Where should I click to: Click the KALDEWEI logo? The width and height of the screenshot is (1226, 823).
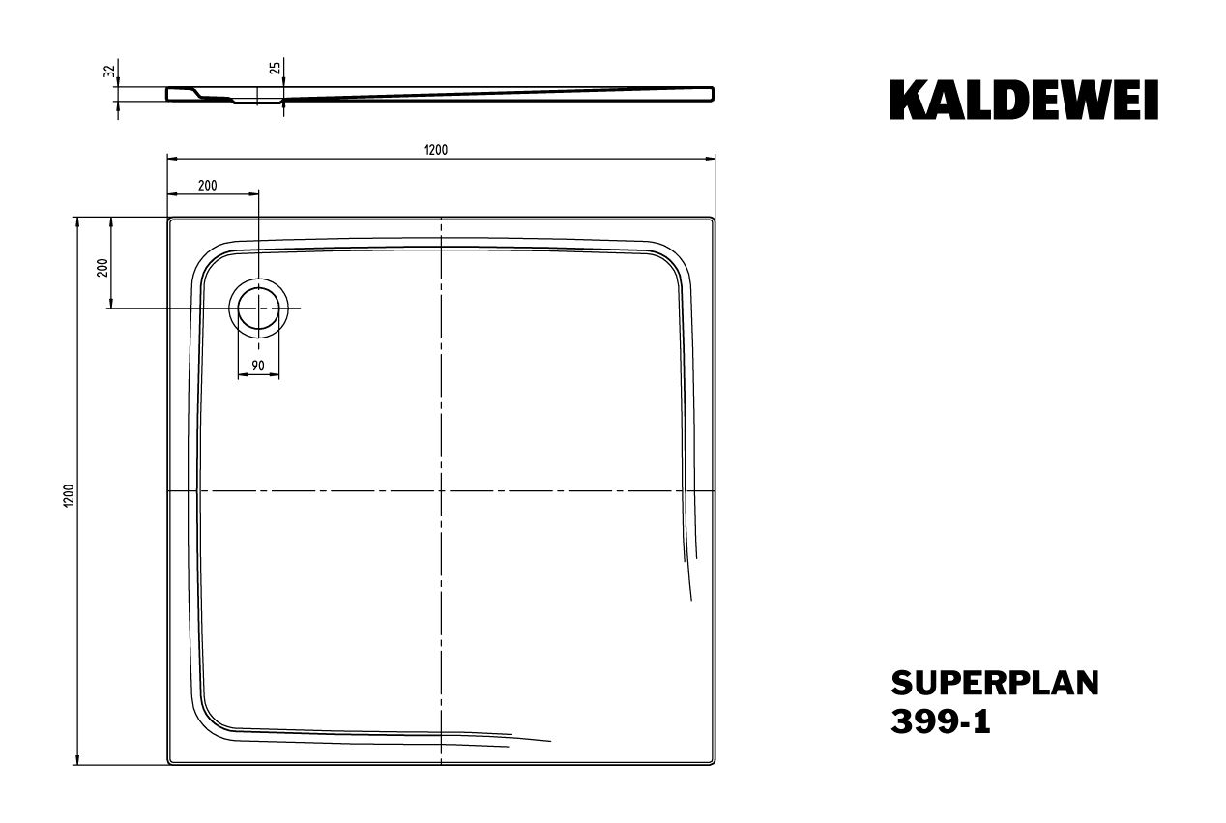point(1023,101)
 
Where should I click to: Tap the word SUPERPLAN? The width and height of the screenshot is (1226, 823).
point(994,684)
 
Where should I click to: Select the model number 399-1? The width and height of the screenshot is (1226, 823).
point(940,723)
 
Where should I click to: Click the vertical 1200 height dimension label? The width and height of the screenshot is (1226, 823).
point(69,492)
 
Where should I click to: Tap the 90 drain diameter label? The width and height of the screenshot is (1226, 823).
point(258,366)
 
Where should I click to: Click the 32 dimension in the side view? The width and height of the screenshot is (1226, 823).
point(110,71)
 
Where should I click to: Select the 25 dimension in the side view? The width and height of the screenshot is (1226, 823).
point(275,69)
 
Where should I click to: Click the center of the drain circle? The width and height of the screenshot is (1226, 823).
point(258,308)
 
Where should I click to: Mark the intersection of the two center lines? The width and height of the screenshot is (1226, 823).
point(441,491)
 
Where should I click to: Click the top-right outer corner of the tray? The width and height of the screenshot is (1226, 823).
point(714,219)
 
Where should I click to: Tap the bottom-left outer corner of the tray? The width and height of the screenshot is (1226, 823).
point(168,766)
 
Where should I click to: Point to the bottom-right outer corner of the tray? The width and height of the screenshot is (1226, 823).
point(714,766)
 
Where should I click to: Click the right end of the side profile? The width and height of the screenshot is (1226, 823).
point(714,94)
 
